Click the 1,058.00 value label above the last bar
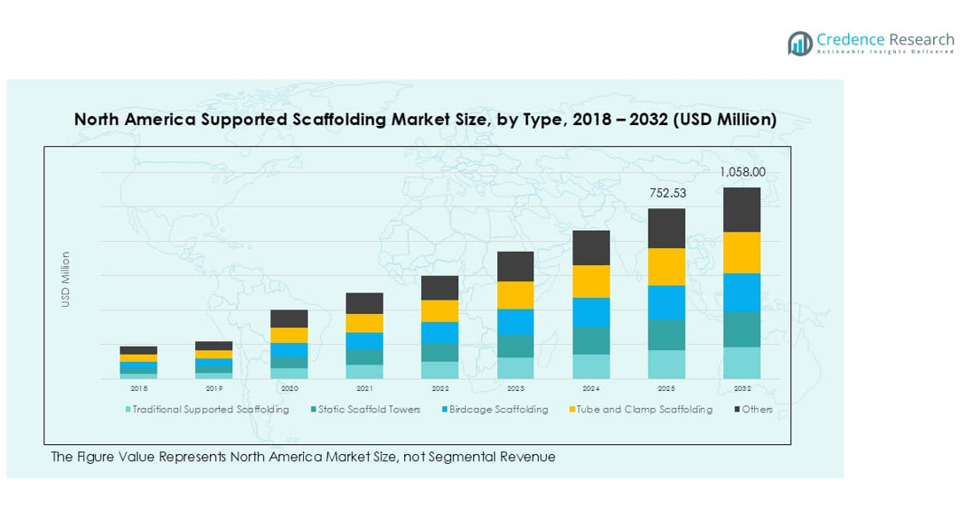pos(743,173)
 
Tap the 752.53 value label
pos(667,193)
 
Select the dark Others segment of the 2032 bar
pos(742,209)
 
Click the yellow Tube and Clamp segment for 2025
pos(666,267)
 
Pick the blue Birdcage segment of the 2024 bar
pos(591,312)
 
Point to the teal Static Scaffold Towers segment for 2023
pos(516,346)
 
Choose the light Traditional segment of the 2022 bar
pos(440,370)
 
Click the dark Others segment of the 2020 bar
pos(289,318)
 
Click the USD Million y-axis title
pos(66,280)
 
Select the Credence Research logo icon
pos(800,43)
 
